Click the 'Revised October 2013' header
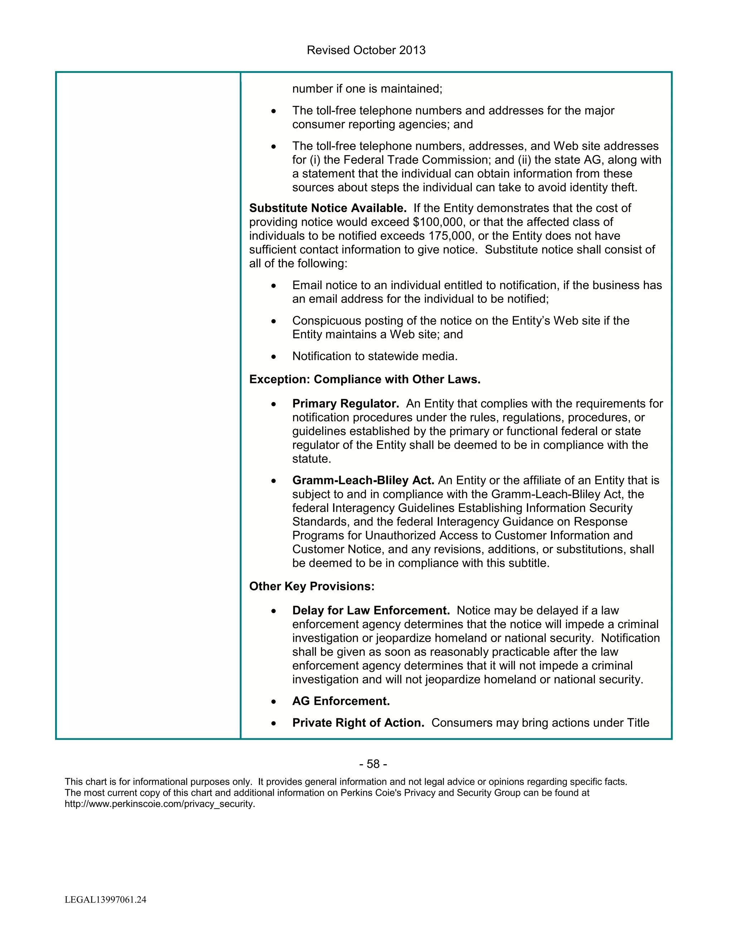366,50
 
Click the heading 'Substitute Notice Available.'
328,208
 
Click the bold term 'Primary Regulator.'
346,404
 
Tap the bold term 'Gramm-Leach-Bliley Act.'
363,480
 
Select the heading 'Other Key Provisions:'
312,586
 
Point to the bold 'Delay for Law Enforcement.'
371,611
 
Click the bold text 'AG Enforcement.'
341,701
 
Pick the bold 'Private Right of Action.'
358,723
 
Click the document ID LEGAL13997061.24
106,899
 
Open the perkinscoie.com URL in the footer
160,804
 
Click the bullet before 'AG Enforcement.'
273,702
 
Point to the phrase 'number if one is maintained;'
367,89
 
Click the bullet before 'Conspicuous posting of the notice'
273,322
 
